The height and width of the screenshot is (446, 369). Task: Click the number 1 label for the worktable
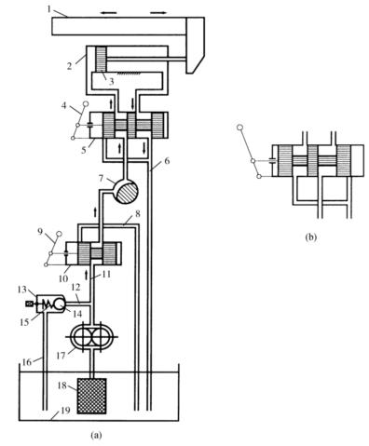(49, 9)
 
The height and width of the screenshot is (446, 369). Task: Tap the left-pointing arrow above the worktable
(108, 13)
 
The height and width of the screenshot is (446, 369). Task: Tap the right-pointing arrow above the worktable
(158, 13)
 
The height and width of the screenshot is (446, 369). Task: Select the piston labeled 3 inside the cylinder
(101, 59)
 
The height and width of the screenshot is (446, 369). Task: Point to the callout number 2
(70, 66)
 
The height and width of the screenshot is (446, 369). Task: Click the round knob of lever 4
(86, 105)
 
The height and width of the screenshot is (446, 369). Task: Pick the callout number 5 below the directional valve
(84, 150)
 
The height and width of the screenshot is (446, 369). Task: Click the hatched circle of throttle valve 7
(126, 192)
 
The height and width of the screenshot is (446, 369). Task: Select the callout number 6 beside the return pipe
(167, 160)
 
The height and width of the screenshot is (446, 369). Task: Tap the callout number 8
(138, 213)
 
